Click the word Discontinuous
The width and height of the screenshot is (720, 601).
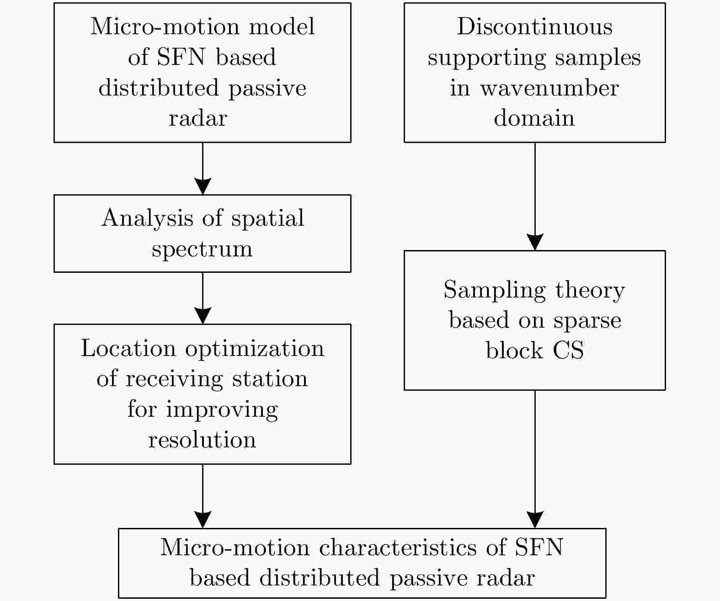pyautogui.click(x=534, y=27)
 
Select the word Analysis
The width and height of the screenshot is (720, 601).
pyautogui.click(x=148, y=218)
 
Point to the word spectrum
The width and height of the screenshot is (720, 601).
pyautogui.click(x=202, y=249)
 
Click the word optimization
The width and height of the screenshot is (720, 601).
pyautogui.click(x=255, y=348)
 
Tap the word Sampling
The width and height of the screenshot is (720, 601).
pyautogui.click(x=495, y=290)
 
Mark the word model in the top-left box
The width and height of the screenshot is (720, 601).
pyautogui.click(x=282, y=27)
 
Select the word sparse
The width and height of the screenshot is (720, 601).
pyautogui.click(x=587, y=321)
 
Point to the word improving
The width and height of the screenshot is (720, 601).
pyautogui.click(x=222, y=410)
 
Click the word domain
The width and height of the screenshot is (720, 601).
pyautogui.click(x=534, y=118)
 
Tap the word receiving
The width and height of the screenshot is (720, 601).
pyautogui.click(x=175, y=379)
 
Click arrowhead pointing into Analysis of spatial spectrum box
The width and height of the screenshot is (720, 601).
pyautogui.click(x=203, y=186)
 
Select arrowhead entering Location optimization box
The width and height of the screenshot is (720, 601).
pyautogui.click(x=203, y=315)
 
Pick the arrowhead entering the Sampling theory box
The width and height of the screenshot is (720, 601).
pyautogui.click(x=535, y=242)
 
